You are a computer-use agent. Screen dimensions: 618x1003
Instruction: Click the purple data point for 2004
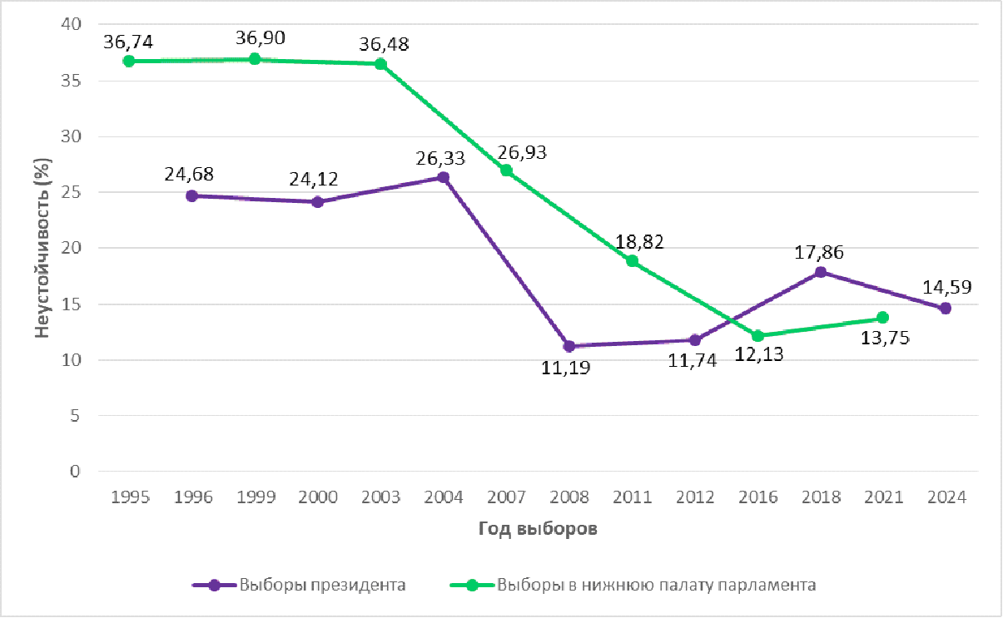[x=444, y=177]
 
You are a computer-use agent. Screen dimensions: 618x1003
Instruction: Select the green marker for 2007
[x=506, y=171]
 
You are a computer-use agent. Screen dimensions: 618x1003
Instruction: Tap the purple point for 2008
[x=569, y=346]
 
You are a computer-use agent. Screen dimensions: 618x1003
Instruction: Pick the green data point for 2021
[x=882, y=318]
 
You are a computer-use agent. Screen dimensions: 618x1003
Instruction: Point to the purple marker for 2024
[x=946, y=309]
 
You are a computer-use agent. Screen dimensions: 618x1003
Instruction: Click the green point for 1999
[x=255, y=59]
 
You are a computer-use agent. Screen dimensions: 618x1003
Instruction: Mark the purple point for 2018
[x=821, y=272]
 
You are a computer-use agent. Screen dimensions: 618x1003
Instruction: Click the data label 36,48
[x=384, y=43]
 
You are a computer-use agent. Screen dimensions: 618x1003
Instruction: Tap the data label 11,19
[x=569, y=367]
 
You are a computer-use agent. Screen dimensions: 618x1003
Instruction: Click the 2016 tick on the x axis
[x=757, y=497]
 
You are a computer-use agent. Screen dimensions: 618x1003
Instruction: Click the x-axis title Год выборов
[x=538, y=530]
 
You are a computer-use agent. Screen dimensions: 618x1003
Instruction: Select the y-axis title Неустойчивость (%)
[x=42, y=249]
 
